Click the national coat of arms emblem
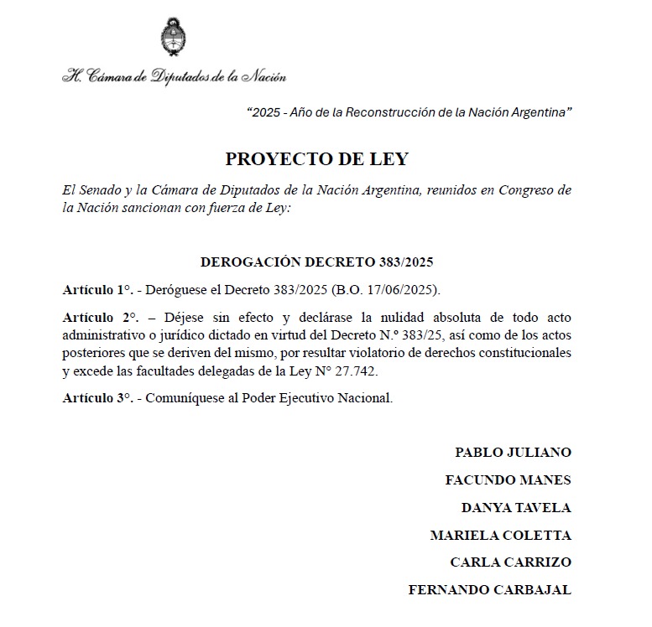(173, 37)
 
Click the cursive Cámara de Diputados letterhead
(174, 76)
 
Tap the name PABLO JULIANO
(513, 453)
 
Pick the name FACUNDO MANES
(508, 480)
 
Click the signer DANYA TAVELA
(516, 508)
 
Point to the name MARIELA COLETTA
(500, 535)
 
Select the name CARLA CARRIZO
(510, 562)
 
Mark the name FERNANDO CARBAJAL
(489, 590)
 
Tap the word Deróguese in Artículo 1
(177, 290)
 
